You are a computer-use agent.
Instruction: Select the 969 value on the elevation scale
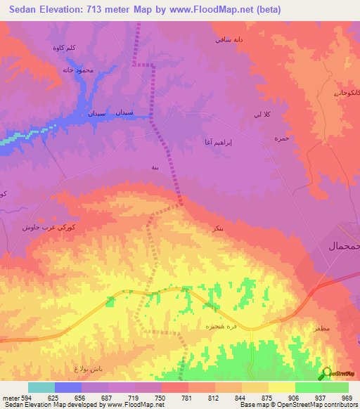[x=347, y=397]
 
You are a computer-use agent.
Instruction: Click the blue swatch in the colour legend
[x=68, y=387]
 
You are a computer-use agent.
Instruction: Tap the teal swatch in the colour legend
[x=41, y=387]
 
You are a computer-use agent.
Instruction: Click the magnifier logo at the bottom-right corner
[x=327, y=374]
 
